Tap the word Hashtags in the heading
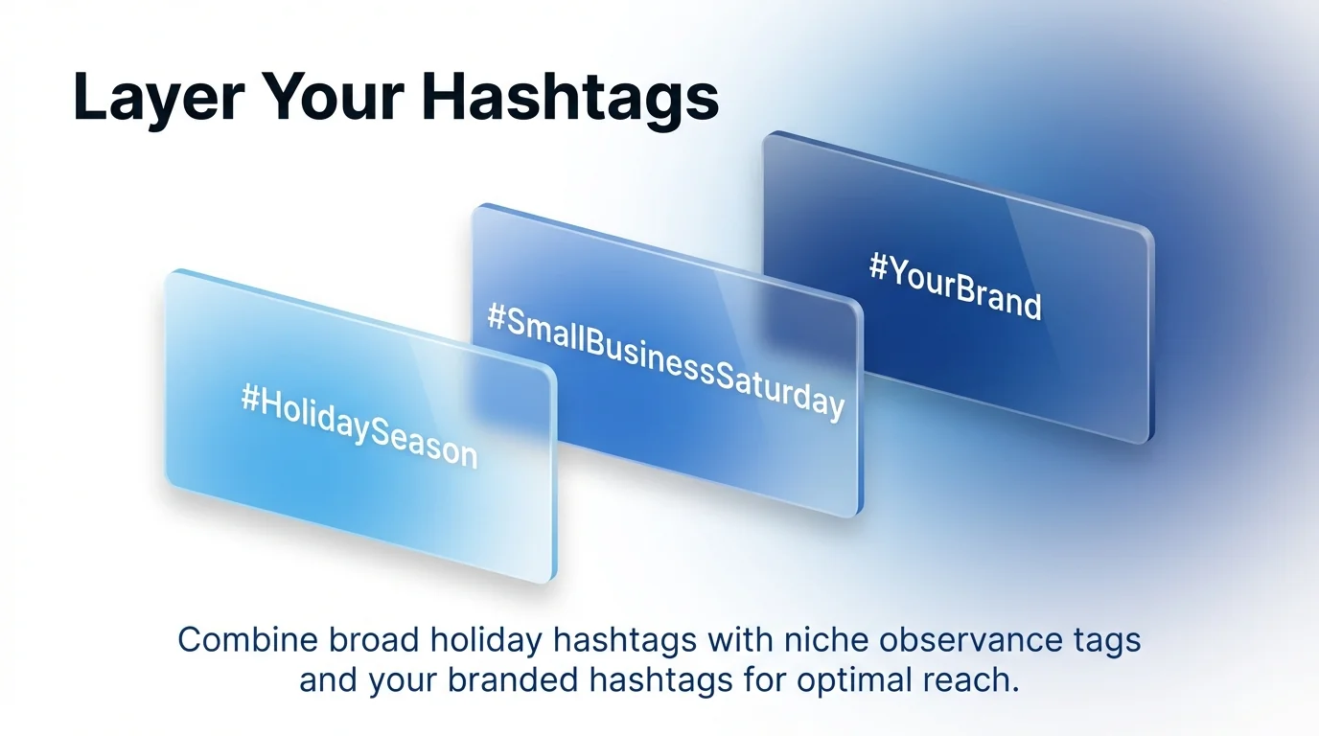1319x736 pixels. pos(569,97)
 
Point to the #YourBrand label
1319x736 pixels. pos(955,286)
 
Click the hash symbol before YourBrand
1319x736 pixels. pos(878,266)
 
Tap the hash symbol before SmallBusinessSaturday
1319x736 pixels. pos(497,317)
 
